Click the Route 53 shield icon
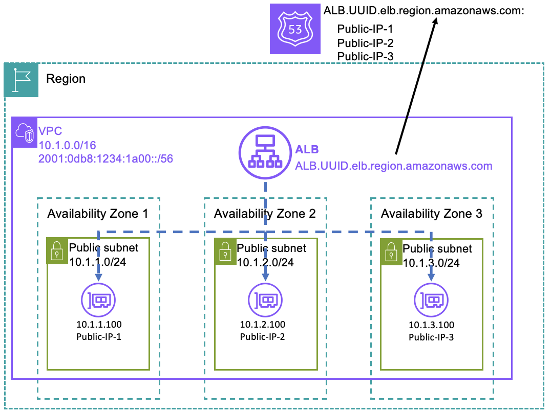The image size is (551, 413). point(295,29)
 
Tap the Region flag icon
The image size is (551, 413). point(21,80)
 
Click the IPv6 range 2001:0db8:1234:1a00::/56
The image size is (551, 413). point(105,159)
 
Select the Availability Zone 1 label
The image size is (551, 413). point(98,214)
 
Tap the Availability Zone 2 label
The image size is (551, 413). point(265,214)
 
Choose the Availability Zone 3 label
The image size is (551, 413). point(431,214)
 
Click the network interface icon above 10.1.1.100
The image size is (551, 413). point(98,300)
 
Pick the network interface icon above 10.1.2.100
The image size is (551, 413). point(265,301)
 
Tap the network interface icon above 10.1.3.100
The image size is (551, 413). point(431,301)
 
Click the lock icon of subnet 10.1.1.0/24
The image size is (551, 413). point(57,250)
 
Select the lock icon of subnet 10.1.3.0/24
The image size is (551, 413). point(391,250)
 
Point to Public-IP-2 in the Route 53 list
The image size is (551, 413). point(365,43)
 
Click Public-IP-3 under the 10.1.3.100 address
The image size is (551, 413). point(431,337)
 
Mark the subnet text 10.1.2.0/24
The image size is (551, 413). point(265,262)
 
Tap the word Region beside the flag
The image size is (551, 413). point(66,79)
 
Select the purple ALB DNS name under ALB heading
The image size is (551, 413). point(393,166)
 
